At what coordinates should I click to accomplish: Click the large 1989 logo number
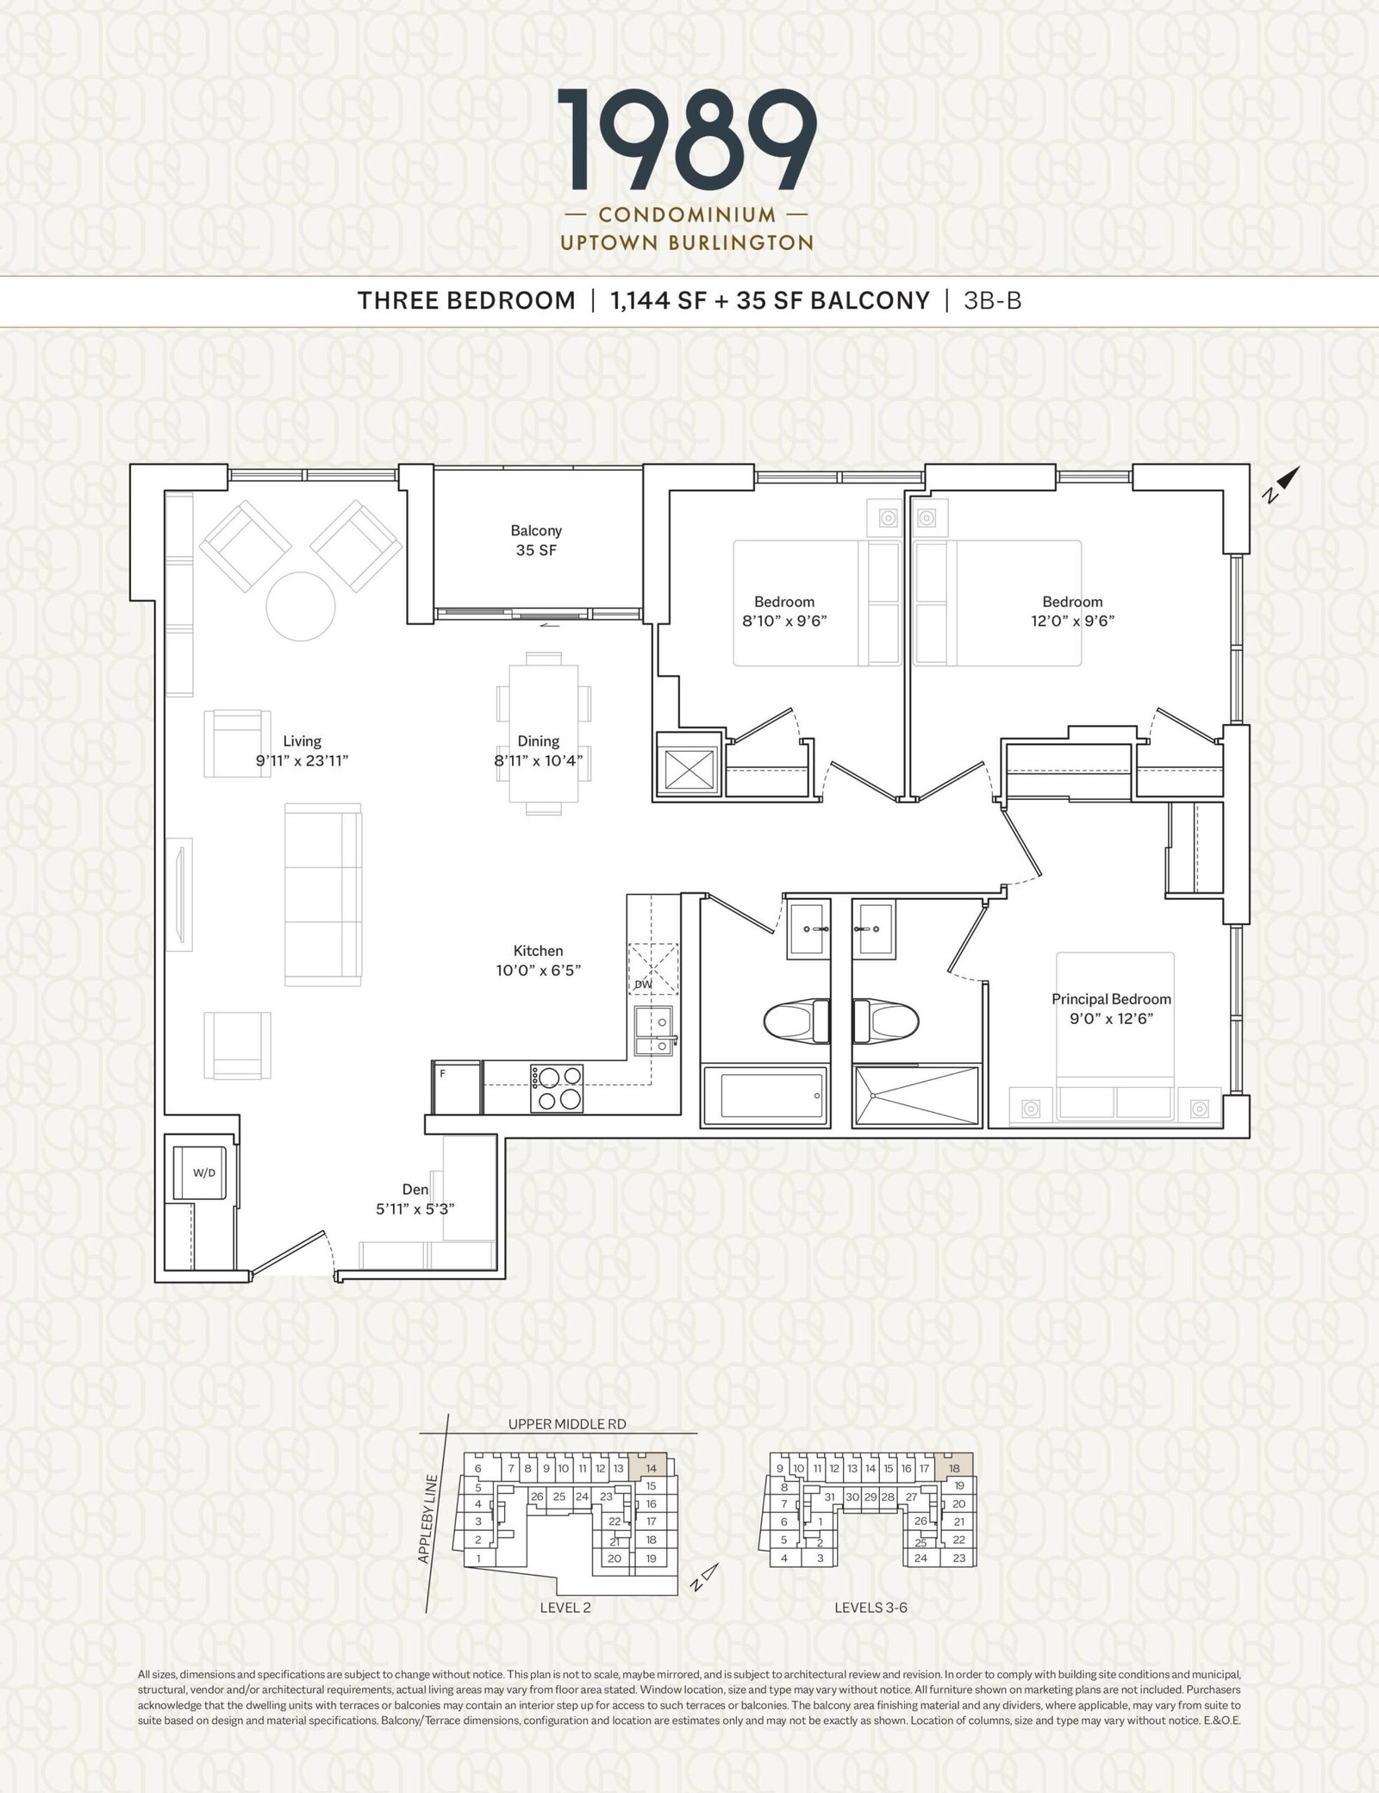pyautogui.click(x=688, y=141)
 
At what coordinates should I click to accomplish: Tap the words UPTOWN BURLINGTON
pyautogui.click(x=687, y=243)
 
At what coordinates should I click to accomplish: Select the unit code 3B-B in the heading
pyautogui.click(x=993, y=300)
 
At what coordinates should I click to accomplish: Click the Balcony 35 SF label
pyautogui.click(x=536, y=540)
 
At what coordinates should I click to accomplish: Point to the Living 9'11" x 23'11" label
pyautogui.click(x=302, y=751)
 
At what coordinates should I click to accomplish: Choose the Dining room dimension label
pyautogui.click(x=539, y=751)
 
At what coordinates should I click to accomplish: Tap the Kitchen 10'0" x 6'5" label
pyautogui.click(x=539, y=960)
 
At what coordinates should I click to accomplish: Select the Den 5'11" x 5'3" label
pyautogui.click(x=415, y=1199)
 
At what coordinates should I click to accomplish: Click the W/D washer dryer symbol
pyautogui.click(x=203, y=1172)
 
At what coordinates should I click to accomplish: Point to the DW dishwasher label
pyautogui.click(x=643, y=984)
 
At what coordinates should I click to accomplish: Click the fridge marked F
pyautogui.click(x=456, y=1088)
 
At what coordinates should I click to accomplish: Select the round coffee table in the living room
pyautogui.click(x=300, y=606)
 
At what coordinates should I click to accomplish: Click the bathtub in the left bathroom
pyautogui.click(x=765, y=1096)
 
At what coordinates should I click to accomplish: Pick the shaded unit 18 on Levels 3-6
pyautogui.click(x=954, y=1467)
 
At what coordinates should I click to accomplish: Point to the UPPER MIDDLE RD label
pyautogui.click(x=567, y=1424)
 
